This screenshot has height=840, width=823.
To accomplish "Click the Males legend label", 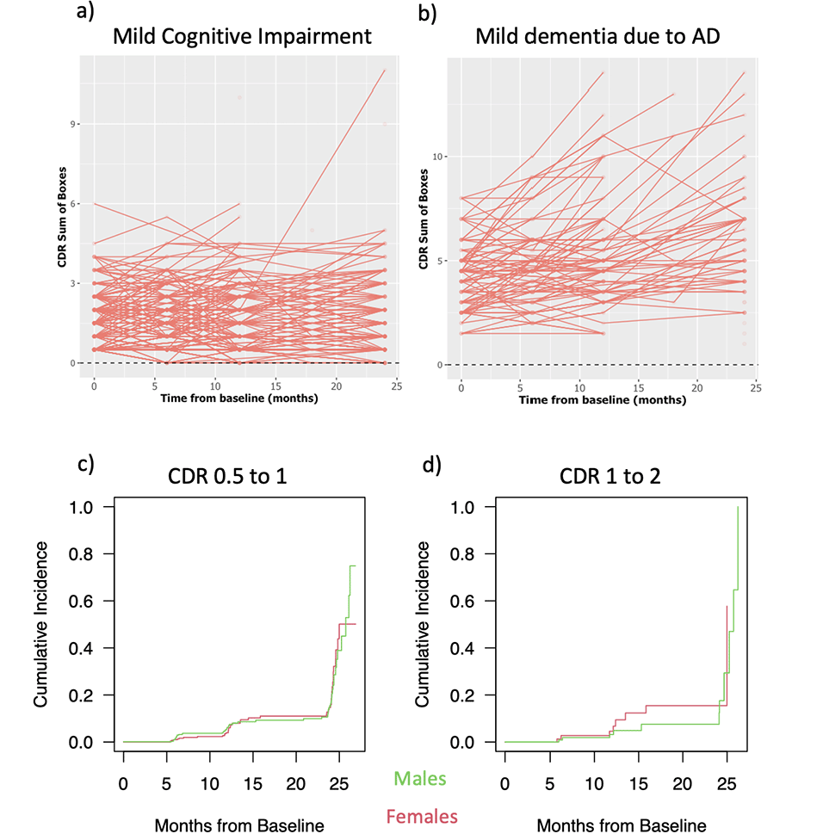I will click(x=420, y=779).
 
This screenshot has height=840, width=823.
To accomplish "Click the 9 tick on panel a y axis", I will click(x=71, y=124).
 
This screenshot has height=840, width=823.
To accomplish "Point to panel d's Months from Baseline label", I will click(x=622, y=825).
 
